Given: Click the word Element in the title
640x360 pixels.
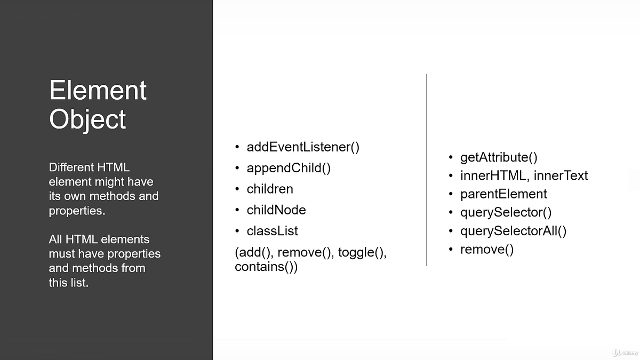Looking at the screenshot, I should click(98, 90).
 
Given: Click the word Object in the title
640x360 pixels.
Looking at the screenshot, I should click(87, 119).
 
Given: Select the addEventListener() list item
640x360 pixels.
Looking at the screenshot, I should click(303, 147).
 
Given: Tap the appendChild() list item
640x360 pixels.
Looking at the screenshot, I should click(289, 168).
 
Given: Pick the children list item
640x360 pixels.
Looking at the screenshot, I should click(270, 189).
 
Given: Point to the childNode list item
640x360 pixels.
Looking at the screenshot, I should click(276, 210).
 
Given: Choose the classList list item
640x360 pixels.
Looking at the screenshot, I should click(272, 231).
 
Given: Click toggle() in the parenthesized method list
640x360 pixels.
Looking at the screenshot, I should click(362, 253).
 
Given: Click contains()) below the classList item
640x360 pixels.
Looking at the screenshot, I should click(266, 267).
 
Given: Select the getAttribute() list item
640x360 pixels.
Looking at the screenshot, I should click(499, 157).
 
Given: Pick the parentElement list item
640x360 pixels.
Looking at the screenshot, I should click(503, 194).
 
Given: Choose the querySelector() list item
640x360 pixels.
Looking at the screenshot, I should click(506, 212).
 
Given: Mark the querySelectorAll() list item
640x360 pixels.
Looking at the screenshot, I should click(513, 231).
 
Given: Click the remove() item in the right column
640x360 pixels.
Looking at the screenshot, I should click(487, 249).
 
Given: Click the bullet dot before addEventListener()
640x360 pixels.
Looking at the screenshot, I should click(237, 147).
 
